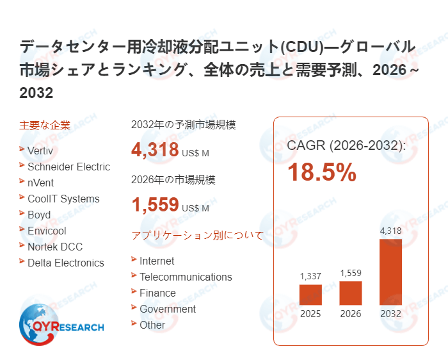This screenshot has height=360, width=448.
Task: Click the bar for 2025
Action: (x=310, y=295)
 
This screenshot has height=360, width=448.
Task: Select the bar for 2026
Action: (x=351, y=293)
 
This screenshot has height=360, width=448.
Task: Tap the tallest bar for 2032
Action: (x=390, y=272)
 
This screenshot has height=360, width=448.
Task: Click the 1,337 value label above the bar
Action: (x=310, y=276)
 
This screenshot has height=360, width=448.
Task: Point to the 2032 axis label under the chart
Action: (x=390, y=314)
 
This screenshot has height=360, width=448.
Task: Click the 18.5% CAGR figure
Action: (x=321, y=173)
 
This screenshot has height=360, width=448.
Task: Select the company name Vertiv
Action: (x=41, y=151)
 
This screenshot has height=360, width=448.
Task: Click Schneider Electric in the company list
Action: (x=68, y=167)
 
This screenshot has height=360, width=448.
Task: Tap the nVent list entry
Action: (x=40, y=183)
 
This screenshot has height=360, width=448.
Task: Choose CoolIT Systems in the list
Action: (x=63, y=199)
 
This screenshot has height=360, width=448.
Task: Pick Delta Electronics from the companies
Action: (x=65, y=263)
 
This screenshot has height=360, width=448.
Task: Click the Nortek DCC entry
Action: (x=54, y=247)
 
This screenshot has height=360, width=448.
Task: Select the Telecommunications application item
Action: (x=186, y=277)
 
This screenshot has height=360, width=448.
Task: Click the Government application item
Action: (x=168, y=309)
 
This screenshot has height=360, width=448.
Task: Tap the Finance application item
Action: (x=157, y=293)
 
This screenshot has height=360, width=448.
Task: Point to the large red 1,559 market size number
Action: (x=155, y=205)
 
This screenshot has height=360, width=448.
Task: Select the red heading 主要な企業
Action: (x=45, y=125)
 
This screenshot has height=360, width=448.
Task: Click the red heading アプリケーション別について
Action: (x=197, y=235)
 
